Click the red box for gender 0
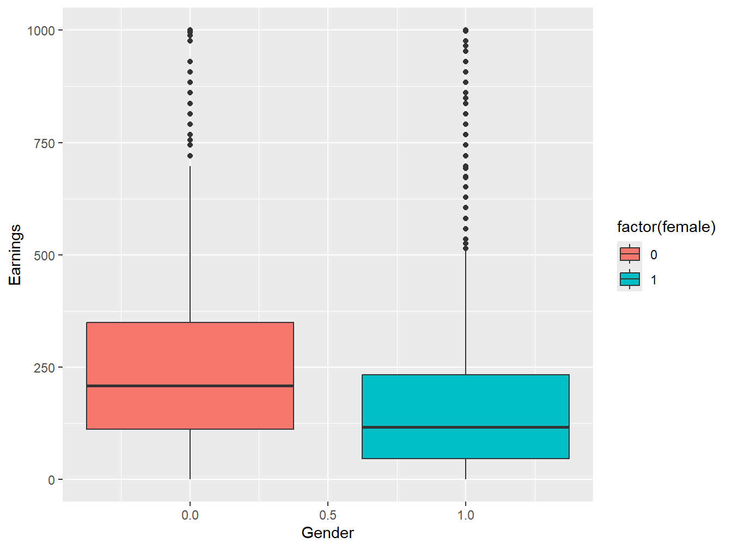[190, 354]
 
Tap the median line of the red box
[190, 386]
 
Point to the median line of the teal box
[465, 427]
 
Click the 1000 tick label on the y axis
[41, 31]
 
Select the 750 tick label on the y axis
[45, 143]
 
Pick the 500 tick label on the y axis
[45, 255]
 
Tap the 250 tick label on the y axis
[45, 368]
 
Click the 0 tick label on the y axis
[52, 480]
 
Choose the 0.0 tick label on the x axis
[190, 515]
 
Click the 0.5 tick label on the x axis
[327, 515]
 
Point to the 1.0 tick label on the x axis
[465, 515]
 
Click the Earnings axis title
[15, 255]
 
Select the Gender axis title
[327, 533]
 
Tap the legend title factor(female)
[666, 227]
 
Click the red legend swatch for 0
[630, 254]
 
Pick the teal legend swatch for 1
[630, 279]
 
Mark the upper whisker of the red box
[190, 245]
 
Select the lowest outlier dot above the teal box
[465, 248]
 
